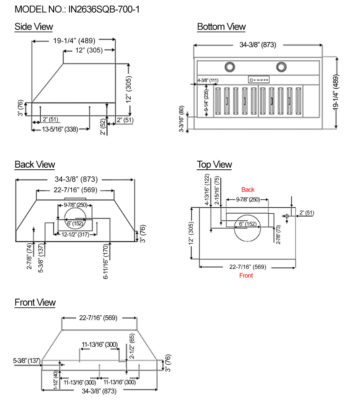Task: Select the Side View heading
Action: click(33, 27)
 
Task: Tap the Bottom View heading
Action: click(221, 27)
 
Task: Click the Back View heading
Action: click(35, 165)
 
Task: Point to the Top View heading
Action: click(214, 165)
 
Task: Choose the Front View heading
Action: click(35, 302)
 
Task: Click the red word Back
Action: click(248, 190)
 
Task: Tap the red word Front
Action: click(246, 276)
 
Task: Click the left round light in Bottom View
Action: click(229, 67)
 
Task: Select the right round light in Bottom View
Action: click(282, 67)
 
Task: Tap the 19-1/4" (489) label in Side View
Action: click(74, 41)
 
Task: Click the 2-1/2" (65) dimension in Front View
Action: click(132, 346)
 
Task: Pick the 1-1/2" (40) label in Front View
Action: click(56, 380)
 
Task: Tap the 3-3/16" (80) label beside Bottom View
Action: click(181, 119)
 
